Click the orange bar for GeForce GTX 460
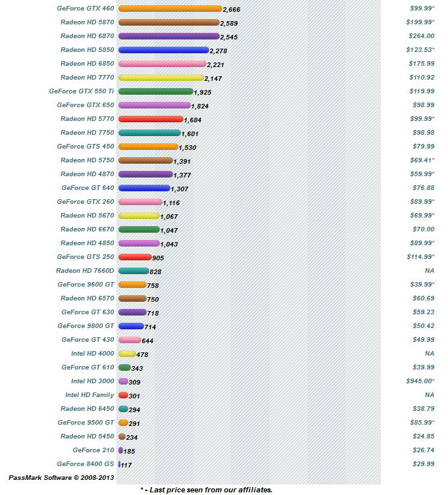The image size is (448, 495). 170,9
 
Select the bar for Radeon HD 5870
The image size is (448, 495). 168,22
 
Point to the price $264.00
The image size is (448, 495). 421,36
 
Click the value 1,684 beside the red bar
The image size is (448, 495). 194,120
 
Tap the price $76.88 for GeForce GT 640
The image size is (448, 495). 421,188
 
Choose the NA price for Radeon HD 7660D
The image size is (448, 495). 430,271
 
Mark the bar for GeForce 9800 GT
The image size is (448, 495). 130,326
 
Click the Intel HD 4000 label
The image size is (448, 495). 92,354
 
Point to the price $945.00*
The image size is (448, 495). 420,381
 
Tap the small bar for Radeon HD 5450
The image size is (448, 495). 122,436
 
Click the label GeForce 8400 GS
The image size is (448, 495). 85,464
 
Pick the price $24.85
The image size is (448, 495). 421,436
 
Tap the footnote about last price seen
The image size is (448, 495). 206,489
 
